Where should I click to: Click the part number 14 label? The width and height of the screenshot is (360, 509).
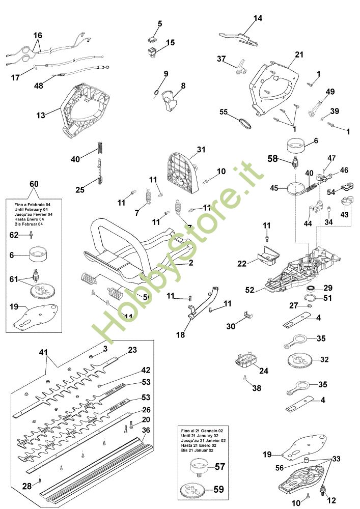point(258,18)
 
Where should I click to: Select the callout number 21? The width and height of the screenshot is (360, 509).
point(299,54)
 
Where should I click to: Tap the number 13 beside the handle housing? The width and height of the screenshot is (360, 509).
point(41,115)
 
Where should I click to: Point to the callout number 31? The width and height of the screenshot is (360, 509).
point(201,149)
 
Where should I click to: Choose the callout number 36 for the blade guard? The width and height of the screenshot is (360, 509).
point(146,430)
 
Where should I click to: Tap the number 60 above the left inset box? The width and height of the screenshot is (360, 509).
point(34,183)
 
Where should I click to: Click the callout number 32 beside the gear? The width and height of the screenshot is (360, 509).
point(324,359)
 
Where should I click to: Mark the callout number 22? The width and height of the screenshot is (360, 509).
point(242,263)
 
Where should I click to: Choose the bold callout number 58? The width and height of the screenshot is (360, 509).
point(272,159)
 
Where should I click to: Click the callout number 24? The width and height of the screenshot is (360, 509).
point(263,371)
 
